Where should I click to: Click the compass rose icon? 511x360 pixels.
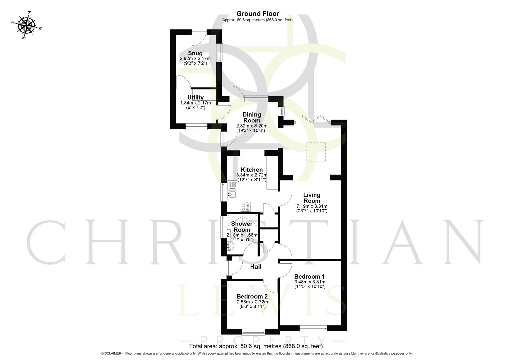tap(27, 25)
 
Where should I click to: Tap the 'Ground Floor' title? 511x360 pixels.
tap(258, 14)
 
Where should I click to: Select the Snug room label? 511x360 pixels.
tap(195, 53)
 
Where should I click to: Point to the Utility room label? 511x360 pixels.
tap(195, 98)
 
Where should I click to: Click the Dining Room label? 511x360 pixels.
tap(252, 117)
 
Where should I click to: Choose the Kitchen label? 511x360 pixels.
tap(252, 170)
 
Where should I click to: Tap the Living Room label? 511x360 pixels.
tap(312, 198)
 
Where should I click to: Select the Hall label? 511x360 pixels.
tap(255, 267)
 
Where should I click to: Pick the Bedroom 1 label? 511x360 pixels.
tap(309, 276)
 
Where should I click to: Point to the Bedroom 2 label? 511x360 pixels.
tap(252, 296)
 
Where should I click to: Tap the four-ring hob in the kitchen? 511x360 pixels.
tap(246, 207)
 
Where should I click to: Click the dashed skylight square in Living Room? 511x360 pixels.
tap(316, 152)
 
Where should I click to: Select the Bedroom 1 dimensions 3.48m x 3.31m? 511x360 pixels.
tap(309, 282)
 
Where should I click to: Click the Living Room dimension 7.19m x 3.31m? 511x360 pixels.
tap(312, 206)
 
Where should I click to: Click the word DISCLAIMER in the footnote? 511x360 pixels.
tap(112, 353)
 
